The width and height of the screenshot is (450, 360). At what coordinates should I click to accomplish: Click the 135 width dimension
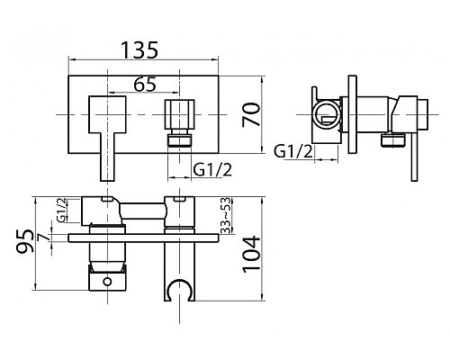(139, 49)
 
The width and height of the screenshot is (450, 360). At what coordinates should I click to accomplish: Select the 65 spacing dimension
(145, 84)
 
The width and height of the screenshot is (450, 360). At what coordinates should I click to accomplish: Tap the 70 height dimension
(251, 114)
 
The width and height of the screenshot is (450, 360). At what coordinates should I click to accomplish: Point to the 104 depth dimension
(251, 254)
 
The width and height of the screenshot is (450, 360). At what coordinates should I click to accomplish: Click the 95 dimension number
(24, 241)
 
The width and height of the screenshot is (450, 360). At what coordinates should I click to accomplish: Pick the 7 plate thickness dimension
(45, 238)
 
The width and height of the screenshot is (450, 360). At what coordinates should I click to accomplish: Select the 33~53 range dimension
(226, 215)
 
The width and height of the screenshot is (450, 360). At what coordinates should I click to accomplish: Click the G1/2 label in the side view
(293, 151)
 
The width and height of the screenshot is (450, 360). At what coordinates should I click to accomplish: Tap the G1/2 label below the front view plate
(212, 170)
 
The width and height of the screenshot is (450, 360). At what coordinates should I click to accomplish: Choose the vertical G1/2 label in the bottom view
(61, 210)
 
